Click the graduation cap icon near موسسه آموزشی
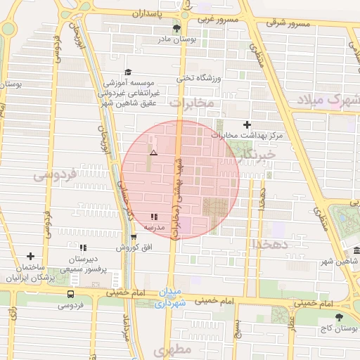point(127,72)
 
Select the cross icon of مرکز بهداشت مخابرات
point(246,124)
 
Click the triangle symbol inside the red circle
point(154,153)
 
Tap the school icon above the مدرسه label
point(154,217)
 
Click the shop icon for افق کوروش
point(134,237)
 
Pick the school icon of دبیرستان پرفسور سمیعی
point(83,247)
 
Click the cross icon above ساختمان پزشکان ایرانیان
point(30,257)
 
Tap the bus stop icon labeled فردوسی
point(70,294)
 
